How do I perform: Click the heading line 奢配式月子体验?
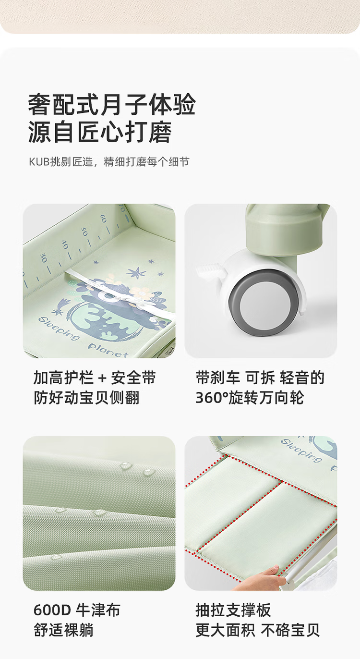pyautogui.click(x=112, y=104)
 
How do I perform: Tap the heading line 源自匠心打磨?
pyautogui.click(x=100, y=132)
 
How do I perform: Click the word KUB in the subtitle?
pyautogui.click(x=39, y=162)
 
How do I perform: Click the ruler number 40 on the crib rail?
pyautogui.click(x=64, y=244)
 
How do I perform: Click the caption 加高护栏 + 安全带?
pyautogui.click(x=95, y=378)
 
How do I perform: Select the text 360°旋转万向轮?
pyautogui.click(x=250, y=398)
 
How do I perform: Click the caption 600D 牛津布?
pyautogui.click(x=77, y=610)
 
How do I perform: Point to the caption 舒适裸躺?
pyautogui.click(x=63, y=630)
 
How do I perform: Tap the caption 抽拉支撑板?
pyautogui.click(x=233, y=610)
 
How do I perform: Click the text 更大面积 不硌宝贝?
pyautogui.click(x=258, y=630)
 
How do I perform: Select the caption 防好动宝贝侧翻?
pyautogui.click(x=86, y=398)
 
